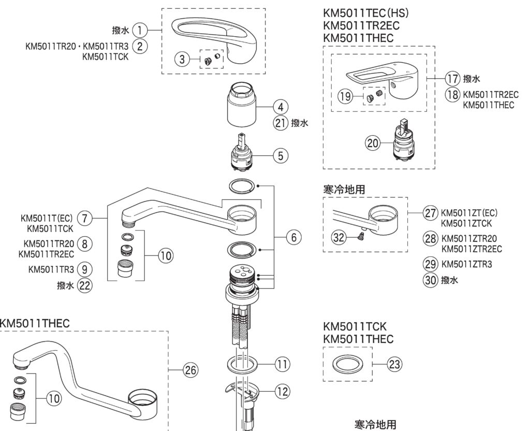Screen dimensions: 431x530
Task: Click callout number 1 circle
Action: pyautogui.click(x=139, y=31)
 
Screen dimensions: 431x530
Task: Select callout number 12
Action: pyautogui.click(x=281, y=392)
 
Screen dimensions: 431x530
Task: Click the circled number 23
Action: pyautogui.click(x=394, y=364)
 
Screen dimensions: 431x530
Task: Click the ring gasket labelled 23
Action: pyautogui.click(x=347, y=364)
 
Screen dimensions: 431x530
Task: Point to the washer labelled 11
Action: pyautogui.click(x=243, y=364)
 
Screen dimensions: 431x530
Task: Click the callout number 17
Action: pyautogui.click(x=453, y=79)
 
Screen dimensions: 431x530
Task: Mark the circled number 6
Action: pyautogui.click(x=293, y=237)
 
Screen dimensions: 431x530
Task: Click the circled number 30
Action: pyautogui.click(x=431, y=280)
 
